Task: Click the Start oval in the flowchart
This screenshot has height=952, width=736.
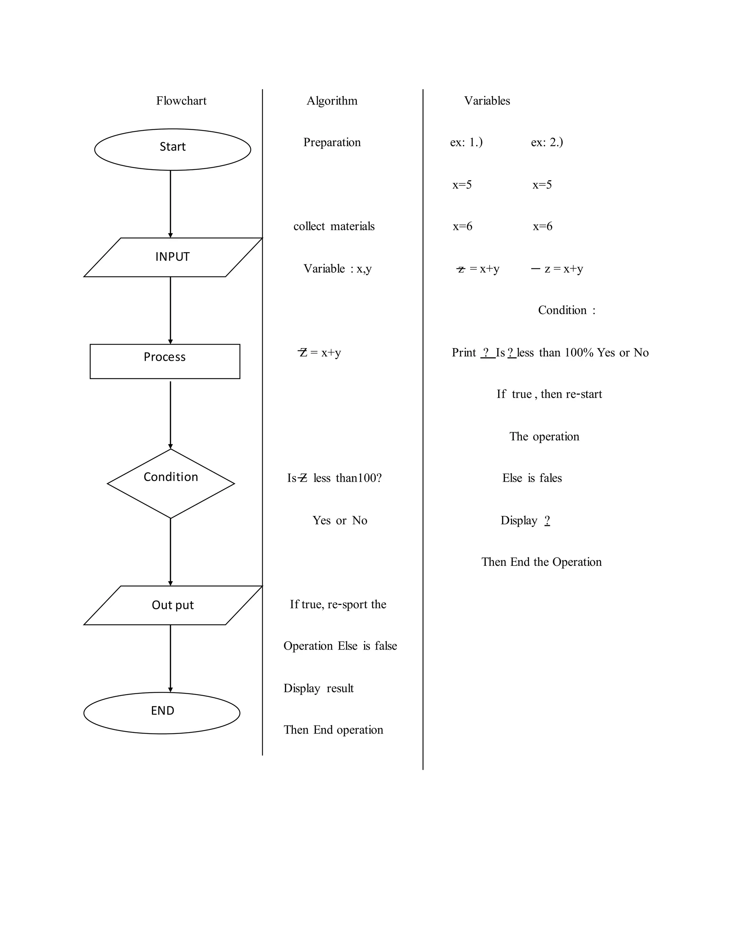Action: (172, 149)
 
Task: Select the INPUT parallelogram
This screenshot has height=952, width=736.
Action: (172, 257)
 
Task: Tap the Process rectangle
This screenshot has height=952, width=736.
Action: (165, 361)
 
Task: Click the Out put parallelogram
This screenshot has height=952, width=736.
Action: (172, 605)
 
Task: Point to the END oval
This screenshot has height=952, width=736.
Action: (162, 713)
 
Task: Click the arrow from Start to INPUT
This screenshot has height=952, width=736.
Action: (170, 204)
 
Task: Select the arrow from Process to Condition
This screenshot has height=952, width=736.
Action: (170, 414)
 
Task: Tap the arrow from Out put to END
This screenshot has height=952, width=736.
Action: (170, 658)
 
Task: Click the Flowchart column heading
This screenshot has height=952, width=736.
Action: (181, 101)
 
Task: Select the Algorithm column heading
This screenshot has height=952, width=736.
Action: (332, 101)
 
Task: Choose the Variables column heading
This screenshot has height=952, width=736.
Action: (487, 101)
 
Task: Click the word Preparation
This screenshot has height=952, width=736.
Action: (332, 142)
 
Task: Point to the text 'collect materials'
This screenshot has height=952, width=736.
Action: (334, 226)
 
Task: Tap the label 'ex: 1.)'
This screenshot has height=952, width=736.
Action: (466, 142)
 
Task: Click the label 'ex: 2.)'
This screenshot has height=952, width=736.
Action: (547, 142)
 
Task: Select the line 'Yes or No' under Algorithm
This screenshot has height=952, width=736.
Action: (340, 521)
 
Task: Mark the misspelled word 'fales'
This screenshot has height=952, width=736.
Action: (550, 478)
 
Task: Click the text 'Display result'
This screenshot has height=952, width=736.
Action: (318, 688)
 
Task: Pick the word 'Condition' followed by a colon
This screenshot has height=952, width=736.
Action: (562, 310)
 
